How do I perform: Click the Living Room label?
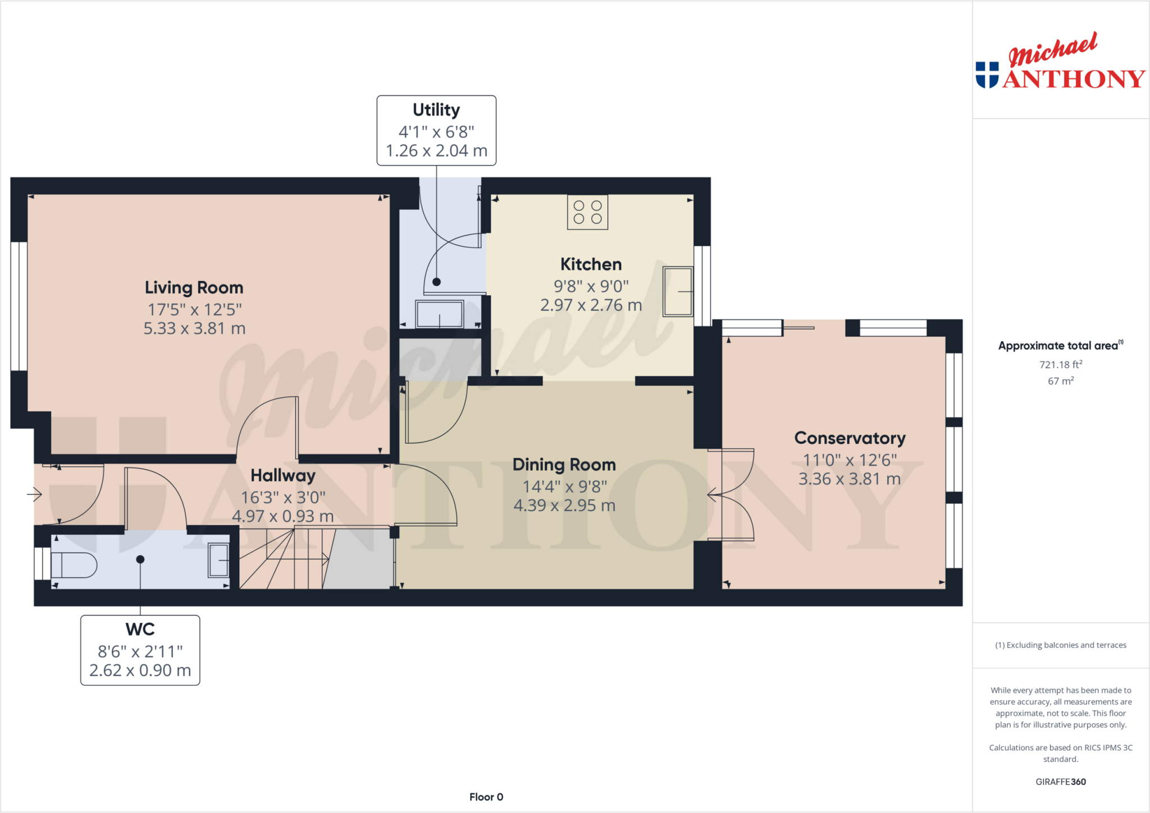[x=194, y=288]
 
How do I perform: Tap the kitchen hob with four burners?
[x=587, y=213]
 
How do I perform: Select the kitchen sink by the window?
[x=678, y=292]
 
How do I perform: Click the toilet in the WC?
[x=74, y=565]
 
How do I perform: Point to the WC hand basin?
[x=218, y=560]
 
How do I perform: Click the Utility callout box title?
[x=436, y=110]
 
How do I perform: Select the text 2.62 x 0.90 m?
[x=140, y=670]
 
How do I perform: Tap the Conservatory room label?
[x=850, y=438]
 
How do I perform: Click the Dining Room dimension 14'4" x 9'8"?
[x=564, y=486]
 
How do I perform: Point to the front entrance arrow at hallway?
[x=35, y=494]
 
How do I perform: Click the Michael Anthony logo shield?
[x=987, y=75]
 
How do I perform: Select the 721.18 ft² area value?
[x=1060, y=365]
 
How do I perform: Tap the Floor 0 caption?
[x=486, y=797]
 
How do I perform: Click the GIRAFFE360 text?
[x=1060, y=782]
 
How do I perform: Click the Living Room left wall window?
[x=19, y=306]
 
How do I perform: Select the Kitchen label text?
[x=591, y=264]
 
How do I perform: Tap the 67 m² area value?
[x=1060, y=381]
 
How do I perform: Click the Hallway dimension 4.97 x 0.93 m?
[x=283, y=516]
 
